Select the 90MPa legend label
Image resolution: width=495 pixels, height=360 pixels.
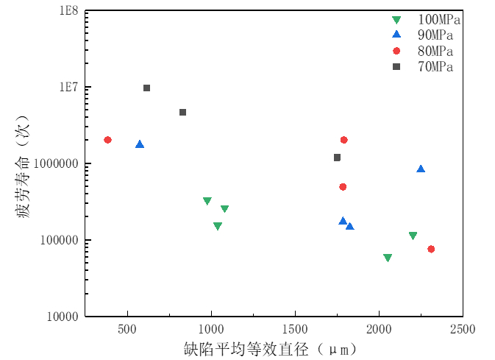pyautogui.click(x=432, y=35)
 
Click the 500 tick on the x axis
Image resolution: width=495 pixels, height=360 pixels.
pyautogui.click(x=128, y=328)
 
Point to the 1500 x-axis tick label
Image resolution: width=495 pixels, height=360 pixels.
pyautogui.click(x=295, y=328)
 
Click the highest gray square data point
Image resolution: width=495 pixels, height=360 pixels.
pyautogui.click(x=146, y=88)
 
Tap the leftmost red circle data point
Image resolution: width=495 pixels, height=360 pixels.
pyautogui.click(x=107, y=140)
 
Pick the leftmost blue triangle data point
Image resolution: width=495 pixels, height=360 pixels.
pyautogui.click(x=140, y=144)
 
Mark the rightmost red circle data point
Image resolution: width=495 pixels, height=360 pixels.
pyautogui.click(x=431, y=249)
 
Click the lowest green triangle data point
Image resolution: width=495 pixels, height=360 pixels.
pyautogui.click(x=388, y=258)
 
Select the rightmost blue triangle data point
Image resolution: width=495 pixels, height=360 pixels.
pyautogui.click(x=421, y=169)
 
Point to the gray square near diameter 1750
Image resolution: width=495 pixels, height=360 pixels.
pyautogui.click(x=337, y=158)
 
